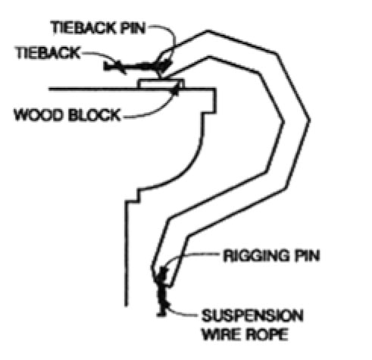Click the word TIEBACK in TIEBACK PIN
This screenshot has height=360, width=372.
84,27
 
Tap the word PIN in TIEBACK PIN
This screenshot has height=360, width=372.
133,27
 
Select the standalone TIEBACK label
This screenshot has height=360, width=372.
48,53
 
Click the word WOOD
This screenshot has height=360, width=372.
39,114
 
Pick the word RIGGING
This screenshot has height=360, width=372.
255,255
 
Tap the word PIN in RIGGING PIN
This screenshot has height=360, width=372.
305,255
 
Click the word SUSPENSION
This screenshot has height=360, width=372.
252,315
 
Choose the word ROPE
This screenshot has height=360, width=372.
267,334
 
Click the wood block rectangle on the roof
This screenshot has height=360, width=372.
161,84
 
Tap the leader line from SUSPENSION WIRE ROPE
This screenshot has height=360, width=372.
180,312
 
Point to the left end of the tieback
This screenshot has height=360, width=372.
105,66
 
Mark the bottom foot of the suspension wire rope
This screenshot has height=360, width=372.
161,315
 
